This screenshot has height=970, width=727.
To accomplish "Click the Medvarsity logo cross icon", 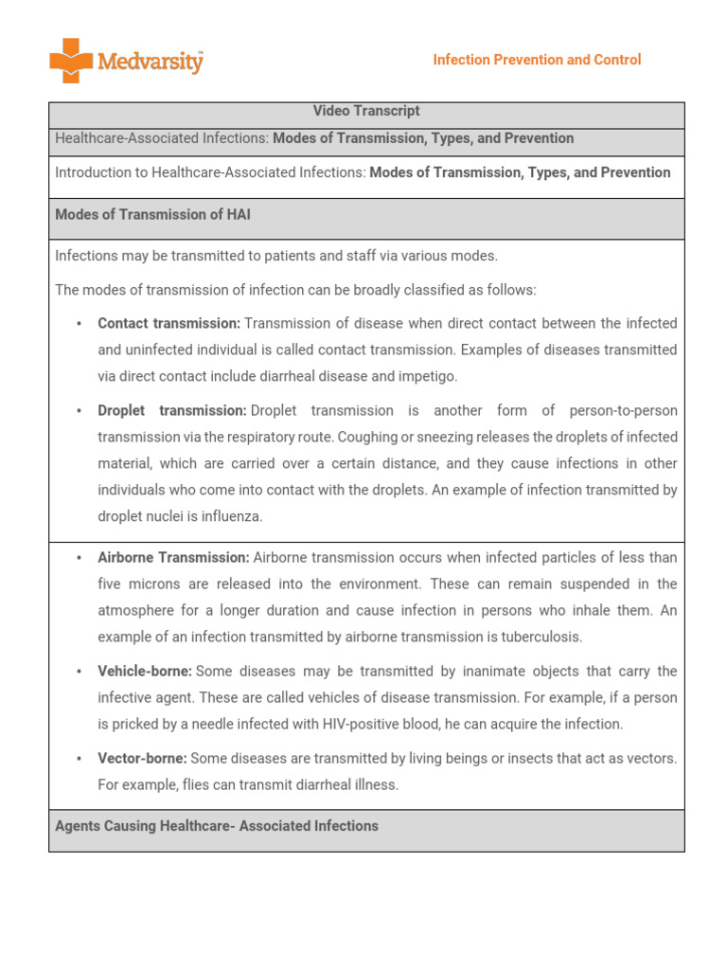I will click(x=71, y=61).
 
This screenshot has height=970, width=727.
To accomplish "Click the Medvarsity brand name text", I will click(x=150, y=63).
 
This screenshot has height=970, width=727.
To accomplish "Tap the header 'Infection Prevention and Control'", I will click(x=537, y=60).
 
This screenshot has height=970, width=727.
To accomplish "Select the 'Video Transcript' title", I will click(x=366, y=112).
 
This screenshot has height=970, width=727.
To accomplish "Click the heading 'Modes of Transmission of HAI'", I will click(x=152, y=215).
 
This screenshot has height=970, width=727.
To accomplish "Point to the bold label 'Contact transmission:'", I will click(x=168, y=323).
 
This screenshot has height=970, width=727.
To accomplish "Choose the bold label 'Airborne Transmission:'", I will click(x=173, y=557).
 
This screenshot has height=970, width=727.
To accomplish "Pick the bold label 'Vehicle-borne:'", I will click(x=145, y=671).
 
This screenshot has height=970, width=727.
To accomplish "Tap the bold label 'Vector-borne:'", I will click(x=142, y=758).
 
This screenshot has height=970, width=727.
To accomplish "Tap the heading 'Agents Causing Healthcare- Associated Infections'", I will click(x=217, y=826).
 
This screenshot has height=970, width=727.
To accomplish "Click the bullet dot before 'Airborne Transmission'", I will click(x=79, y=558).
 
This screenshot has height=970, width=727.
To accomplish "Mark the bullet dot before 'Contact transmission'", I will click(x=79, y=324).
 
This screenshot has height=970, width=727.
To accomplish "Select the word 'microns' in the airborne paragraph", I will click(x=153, y=584).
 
